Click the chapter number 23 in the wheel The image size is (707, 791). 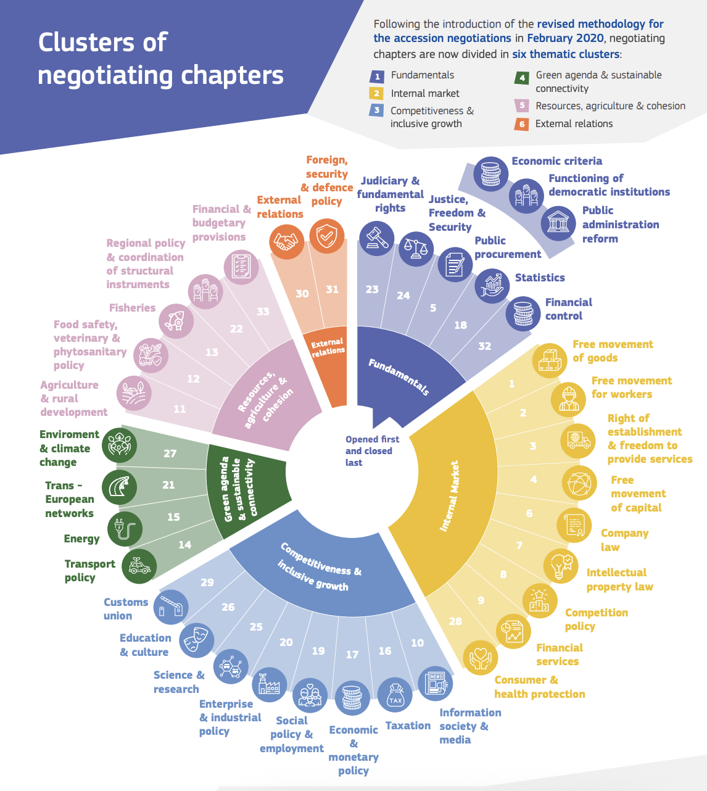pyautogui.click(x=371, y=289)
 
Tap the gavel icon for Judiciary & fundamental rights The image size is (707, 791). pyautogui.click(x=376, y=237)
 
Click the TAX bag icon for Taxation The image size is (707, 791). pyautogui.click(x=395, y=695)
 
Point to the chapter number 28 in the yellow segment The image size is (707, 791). pyautogui.click(x=455, y=621)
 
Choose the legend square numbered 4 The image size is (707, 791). pyautogui.click(x=522, y=78)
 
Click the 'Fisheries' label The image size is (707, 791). pyautogui.click(x=132, y=308)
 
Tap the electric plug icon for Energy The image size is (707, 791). pyautogui.click(x=125, y=529)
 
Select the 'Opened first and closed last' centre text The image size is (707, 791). pyautogui.click(x=372, y=451)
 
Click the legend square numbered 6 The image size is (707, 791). pyautogui.click(x=522, y=124)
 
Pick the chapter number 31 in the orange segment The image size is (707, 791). pyautogui.click(x=332, y=289)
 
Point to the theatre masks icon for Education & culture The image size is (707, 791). pyautogui.click(x=196, y=640)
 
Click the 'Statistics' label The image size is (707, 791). pyautogui.click(x=540, y=278)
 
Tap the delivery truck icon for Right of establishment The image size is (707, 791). pyautogui.click(x=578, y=440)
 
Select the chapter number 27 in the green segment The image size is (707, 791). pyautogui.click(x=170, y=453)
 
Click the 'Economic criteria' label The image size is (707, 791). pyautogui.click(x=556, y=161)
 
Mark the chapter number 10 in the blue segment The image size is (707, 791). pyautogui.click(x=418, y=643)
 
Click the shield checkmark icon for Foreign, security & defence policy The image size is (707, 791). pyautogui.click(x=326, y=236)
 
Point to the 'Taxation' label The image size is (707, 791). pyautogui.click(x=408, y=726)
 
